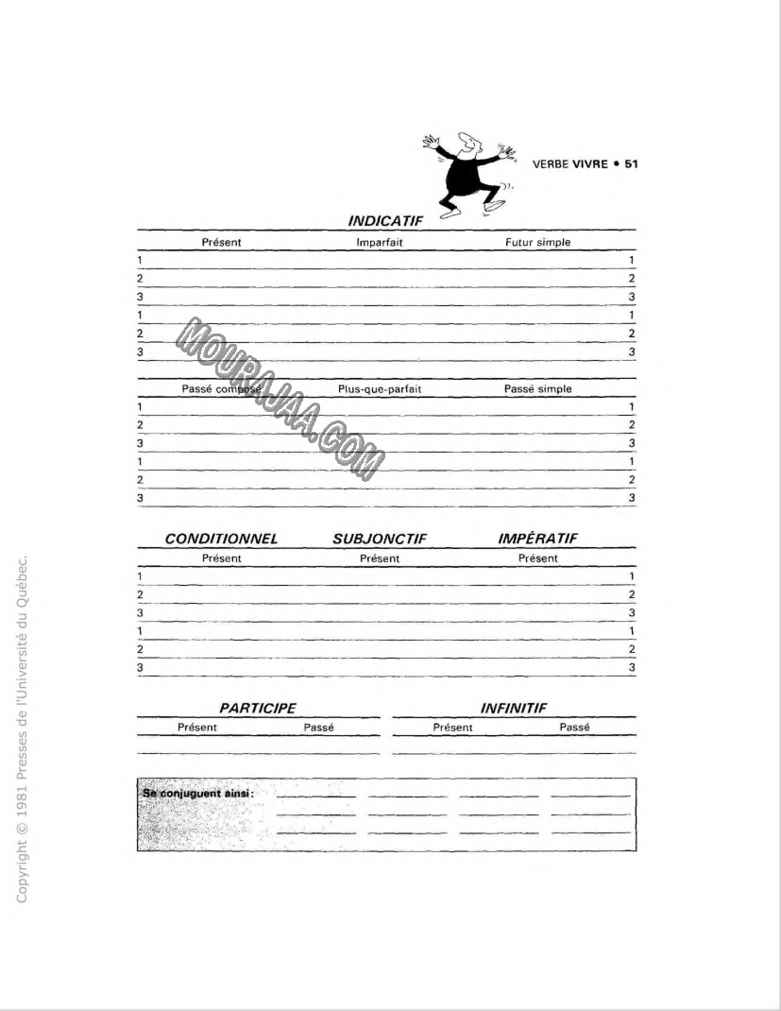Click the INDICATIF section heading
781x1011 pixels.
tap(386, 221)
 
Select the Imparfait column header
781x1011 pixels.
tap(380, 243)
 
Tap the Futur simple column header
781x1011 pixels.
tap(537, 243)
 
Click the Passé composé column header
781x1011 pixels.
tap(221, 389)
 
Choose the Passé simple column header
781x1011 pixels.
tap(537, 389)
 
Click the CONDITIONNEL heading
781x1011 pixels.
tap(221, 539)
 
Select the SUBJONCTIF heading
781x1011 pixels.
tap(380, 539)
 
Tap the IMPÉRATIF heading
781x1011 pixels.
tap(537, 539)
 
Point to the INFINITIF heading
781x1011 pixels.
tap(514, 708)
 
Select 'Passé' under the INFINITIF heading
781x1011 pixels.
tap(574, 728)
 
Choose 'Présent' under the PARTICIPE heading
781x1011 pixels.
tap(197, 728)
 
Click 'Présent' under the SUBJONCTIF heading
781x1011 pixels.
tap(380, 558)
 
